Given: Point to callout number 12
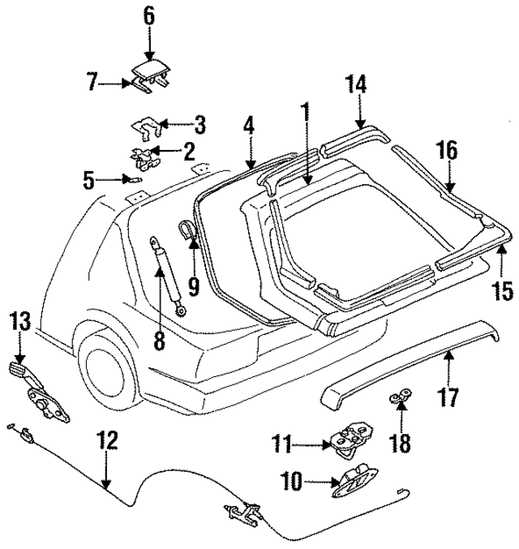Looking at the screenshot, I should [106, 442].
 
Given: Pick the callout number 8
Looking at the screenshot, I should [159, 341].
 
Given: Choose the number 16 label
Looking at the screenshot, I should [447, 151].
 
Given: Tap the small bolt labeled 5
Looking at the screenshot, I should [137, 179].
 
